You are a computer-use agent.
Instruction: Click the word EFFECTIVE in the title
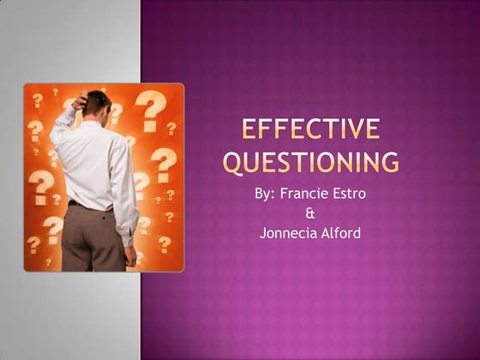pos(310,130)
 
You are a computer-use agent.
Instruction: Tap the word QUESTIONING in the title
pos(310,161)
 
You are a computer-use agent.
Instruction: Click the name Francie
pos(304,194)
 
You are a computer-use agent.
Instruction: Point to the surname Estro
pos(348,194)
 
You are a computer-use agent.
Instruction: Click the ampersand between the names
pos(310,213)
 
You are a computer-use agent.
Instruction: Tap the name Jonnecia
pos(288,231)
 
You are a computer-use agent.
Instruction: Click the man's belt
pos(90,205)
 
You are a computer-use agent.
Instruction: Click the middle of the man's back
pos(92,163)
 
